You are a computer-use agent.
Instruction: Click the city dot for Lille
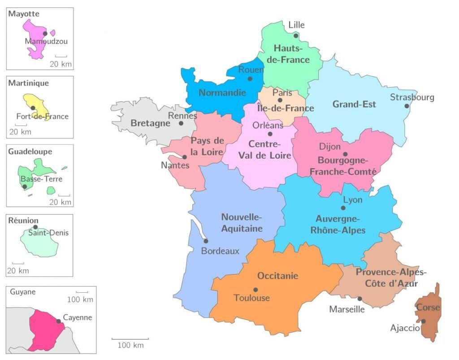(296, 36)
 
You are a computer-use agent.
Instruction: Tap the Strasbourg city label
(412, 97)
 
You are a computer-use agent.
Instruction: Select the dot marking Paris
(280, 100)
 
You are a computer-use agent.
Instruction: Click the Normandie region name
(222, 93)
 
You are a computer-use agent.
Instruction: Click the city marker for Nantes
(184, 157)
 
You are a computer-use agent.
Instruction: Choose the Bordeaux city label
(220, 251)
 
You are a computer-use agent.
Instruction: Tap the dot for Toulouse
(255, 290)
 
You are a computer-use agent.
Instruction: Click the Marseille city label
(347, 309)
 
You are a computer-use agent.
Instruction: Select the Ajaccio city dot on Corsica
(423, 321)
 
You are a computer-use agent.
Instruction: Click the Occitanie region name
(277, 276)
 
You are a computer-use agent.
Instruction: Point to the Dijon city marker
(345, 154)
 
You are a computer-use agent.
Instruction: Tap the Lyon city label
(352, 200)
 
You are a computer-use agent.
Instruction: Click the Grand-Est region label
(354, 104)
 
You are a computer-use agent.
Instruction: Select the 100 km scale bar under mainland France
(130, 339)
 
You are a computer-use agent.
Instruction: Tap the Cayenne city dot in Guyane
(58, 321)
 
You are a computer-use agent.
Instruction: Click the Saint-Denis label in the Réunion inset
(48, 233)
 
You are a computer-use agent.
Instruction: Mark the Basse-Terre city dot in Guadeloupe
(25, 187)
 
